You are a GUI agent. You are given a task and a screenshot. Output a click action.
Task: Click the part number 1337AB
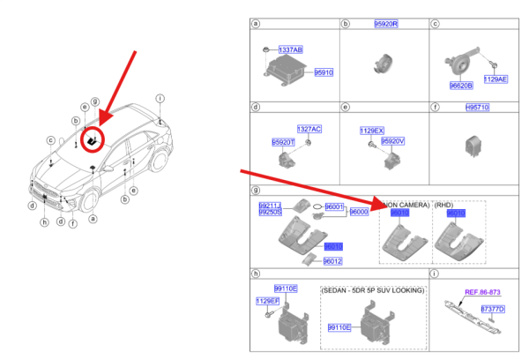290,50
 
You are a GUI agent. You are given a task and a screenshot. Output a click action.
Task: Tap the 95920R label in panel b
384,23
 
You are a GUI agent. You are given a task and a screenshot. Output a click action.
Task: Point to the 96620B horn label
461,86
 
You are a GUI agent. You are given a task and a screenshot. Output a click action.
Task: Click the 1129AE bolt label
495,79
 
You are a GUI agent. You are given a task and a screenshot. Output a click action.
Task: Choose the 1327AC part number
309,129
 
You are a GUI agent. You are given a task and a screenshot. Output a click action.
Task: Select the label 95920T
283,141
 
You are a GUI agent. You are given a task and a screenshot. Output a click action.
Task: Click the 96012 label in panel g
332,261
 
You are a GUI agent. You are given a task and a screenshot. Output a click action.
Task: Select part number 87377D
493,309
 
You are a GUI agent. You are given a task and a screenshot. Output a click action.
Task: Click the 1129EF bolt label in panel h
267,301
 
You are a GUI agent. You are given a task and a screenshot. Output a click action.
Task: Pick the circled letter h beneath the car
44,222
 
